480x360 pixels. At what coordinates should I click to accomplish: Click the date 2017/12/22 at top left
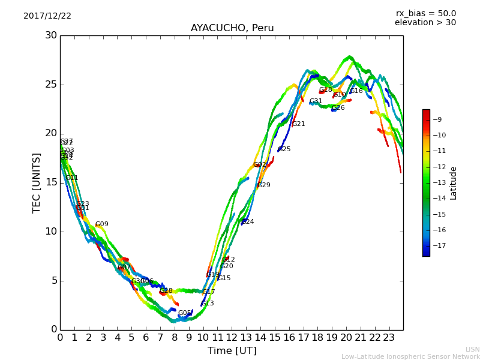point(47,16)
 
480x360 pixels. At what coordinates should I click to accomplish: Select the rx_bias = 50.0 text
point(425,14)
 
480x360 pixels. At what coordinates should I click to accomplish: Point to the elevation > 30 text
point(425,23)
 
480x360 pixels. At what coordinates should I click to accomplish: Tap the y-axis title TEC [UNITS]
point(37,182)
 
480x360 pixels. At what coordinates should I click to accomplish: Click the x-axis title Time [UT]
point(232,350)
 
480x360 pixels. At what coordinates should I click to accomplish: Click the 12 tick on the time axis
point(232,338)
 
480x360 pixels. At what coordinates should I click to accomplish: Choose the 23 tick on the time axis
point(389,338)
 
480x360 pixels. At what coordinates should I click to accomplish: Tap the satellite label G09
point(102,224)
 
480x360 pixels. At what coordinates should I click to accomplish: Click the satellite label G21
point(299,124)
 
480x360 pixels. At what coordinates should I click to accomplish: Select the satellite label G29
point(264,185)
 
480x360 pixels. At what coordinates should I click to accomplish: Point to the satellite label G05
point(185,313)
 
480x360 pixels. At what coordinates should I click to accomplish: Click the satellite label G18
point(325,90)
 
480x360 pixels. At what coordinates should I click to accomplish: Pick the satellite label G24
point(247,222)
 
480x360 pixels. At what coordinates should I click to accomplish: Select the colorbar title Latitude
point(454,183)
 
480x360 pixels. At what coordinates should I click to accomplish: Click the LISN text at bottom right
point(472,349)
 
